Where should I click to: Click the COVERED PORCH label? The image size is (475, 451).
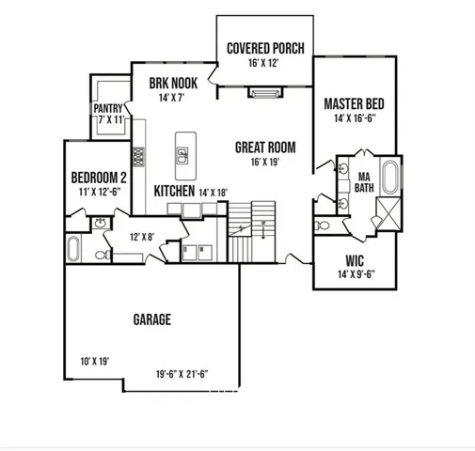point(263,49)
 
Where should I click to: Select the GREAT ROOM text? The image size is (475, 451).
point(266,148)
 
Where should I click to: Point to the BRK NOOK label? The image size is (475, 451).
point(173,83)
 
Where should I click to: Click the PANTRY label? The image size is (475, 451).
point(109,109)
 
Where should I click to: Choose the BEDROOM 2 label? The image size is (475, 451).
point(99,177)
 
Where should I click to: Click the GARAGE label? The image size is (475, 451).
point(151,319)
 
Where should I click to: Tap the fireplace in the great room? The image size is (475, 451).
point(263,92)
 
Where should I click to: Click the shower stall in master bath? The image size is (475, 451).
point(387,217)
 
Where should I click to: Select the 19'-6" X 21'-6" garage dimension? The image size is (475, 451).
point(182,373)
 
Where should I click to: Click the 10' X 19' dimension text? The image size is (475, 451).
point(96,360)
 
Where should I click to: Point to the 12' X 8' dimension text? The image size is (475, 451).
point(141,237)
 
